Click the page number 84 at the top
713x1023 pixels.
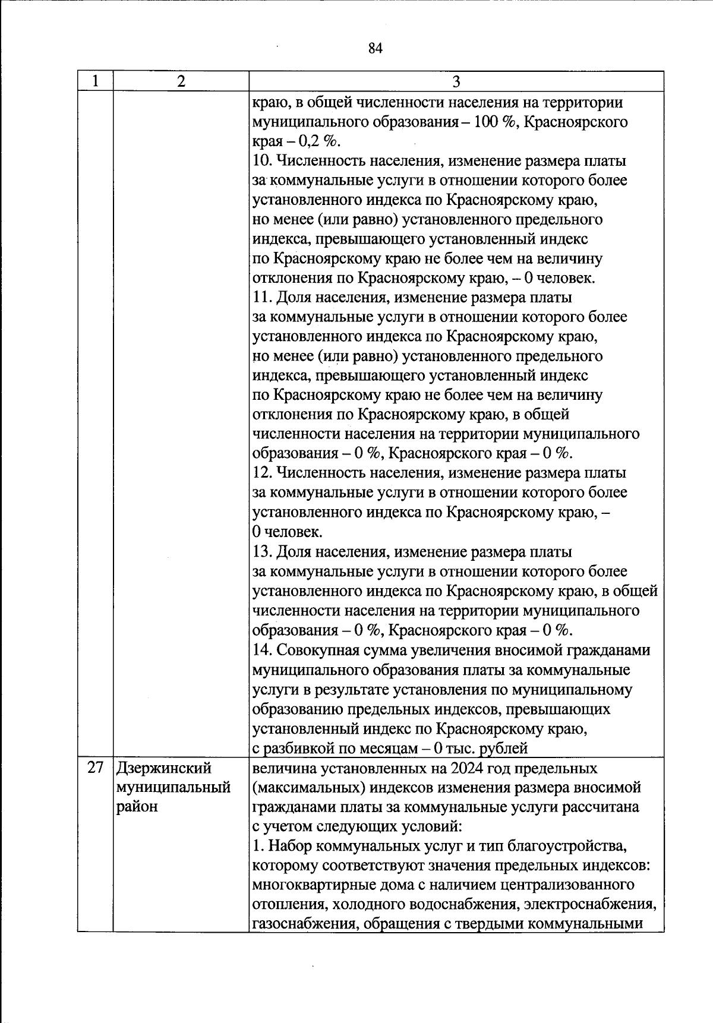375,49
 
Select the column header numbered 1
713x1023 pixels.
95,81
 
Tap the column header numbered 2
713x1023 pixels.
181,81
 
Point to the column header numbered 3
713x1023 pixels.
456,81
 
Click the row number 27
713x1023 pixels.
96,768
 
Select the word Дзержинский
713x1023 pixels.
164,768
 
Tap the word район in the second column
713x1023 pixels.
137,807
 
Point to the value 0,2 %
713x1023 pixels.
318,141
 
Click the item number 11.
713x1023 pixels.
261,298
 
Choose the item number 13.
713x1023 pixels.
261,552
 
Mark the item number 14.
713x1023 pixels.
261,651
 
